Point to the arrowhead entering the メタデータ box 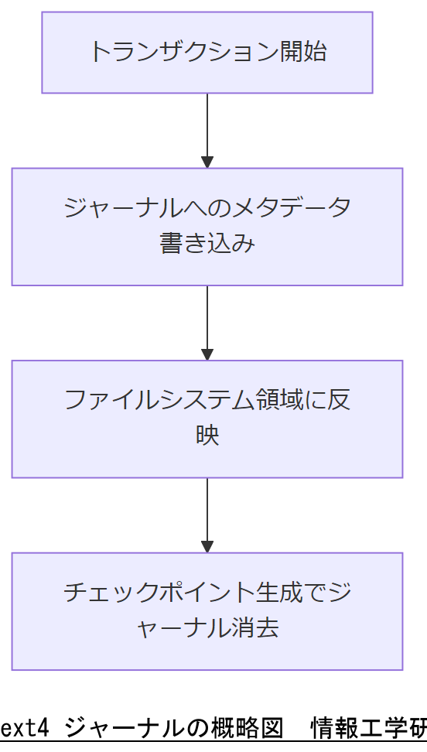coord(207,162)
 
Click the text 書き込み coord(207,244)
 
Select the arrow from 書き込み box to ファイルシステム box coord(207,317)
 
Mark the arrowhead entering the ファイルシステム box coord(207,354)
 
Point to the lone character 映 coord(207,436)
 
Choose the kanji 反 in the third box coord(338,400)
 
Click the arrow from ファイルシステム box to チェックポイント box coord(207,511)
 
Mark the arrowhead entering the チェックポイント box coord(207,547)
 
